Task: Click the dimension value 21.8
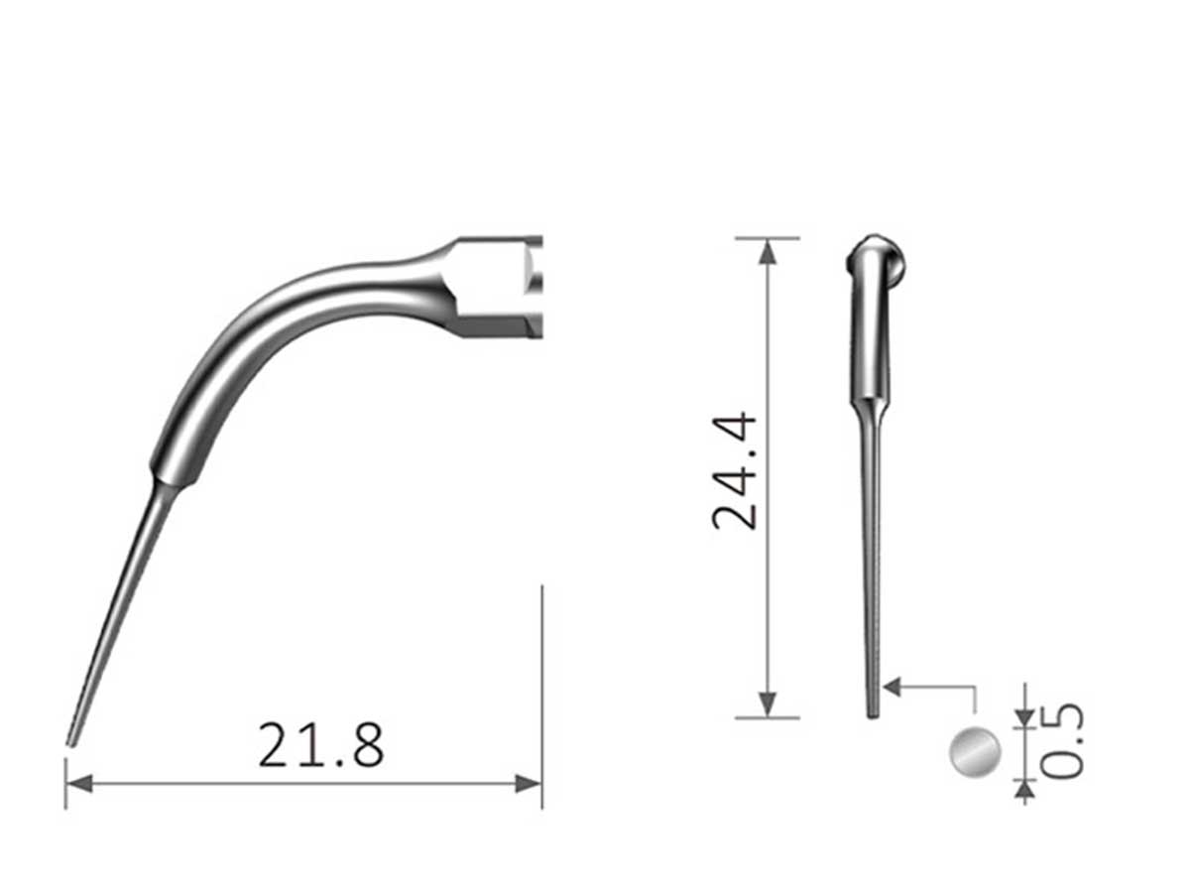tap(320, 745)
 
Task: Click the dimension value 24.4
tap(737, 472)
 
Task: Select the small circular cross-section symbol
tap(975, 751)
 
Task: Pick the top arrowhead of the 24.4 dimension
tap(767, 250)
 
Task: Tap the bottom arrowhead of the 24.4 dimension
tap(767, 704)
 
